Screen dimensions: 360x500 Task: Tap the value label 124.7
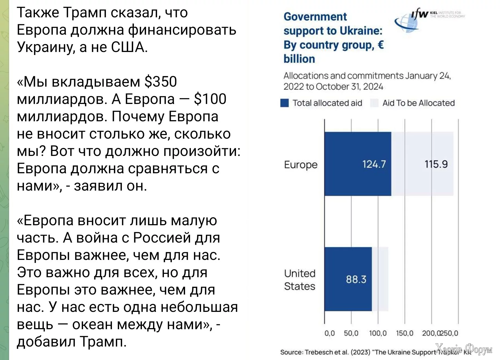pyautogui.click(x=374, y=164)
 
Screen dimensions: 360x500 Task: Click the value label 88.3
pyautogui.click(x=356, y=279)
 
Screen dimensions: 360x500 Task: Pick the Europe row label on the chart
pyautogui.click(x=301, y=165)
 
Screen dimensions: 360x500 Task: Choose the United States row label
pyautogui.click(x=300, y=280)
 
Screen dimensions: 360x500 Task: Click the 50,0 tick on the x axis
pyautogui.click(x=351, y=333)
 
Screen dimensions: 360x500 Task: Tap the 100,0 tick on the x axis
pyautogui.click(x=378, y=333)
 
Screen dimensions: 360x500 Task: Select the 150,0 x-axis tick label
pyautogui.click(x=404, y=333)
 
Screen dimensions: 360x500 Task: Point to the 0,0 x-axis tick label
pyautogui.click(x=329, y=333)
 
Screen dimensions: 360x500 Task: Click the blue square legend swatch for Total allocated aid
pyautogui.click(x=284, y=103)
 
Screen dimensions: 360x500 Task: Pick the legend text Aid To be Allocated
pyautogui.click(x=418, y=103)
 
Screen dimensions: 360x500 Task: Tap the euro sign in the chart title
pyautogui.click(x=381, y=45)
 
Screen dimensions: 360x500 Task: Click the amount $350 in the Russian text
pyautogui.click(x=160, y=82)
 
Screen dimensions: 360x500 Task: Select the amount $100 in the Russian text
pyautogui.click(x=210, y=99)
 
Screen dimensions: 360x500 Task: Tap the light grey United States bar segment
pyautogui.click(x=380, y=279)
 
